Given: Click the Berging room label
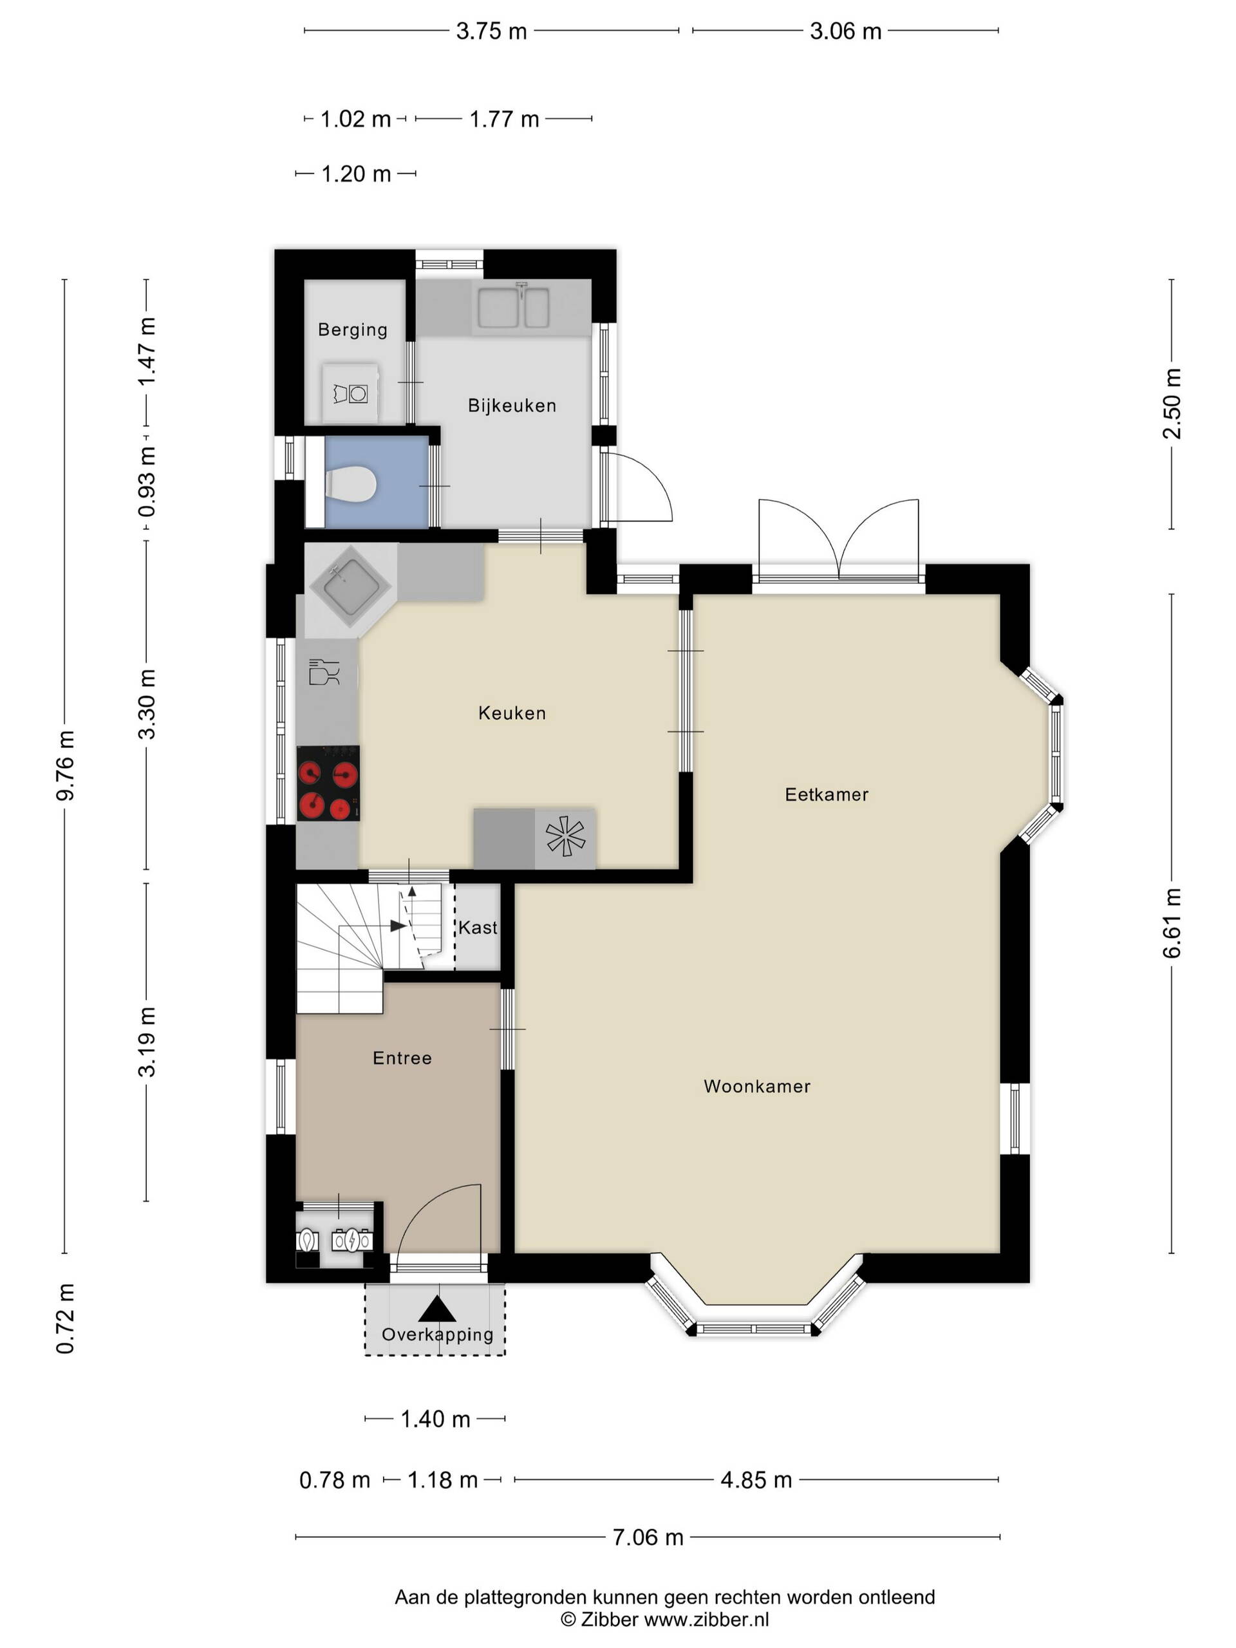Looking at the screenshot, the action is pos(352,330).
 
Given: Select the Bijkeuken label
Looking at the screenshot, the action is pos(512,406).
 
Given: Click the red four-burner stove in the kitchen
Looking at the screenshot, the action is pos(328,783).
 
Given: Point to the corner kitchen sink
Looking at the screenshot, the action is pos(350,588).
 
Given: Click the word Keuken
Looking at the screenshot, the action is pos(512,713).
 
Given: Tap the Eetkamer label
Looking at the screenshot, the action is pos(826,794).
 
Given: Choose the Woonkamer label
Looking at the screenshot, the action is pos(757,1086).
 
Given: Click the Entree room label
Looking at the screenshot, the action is pos(402,1058).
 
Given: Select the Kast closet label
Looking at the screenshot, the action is pos(478,928).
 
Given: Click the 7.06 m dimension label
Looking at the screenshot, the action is pos(648,1537).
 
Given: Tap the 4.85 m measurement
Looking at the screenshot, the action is pos(756,1479).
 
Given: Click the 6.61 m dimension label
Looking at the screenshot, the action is pos(1172,922).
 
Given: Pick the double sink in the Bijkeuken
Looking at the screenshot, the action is pos(513,308).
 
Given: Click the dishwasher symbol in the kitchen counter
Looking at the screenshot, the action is pos(324,671).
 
